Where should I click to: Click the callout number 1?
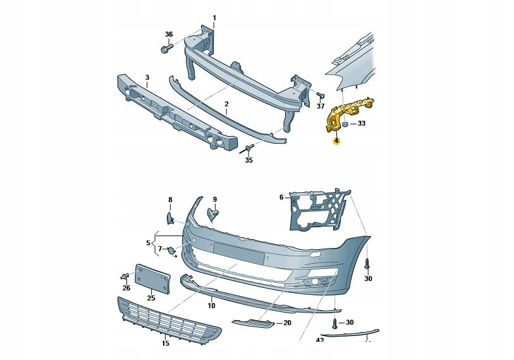[214, 17]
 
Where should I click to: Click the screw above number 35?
[247, 149]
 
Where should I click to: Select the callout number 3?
[147, 78]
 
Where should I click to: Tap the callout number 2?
[226, 103]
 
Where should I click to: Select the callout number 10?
[211, 306]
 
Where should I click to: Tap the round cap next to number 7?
[171, 251]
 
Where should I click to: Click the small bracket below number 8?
[171, 218]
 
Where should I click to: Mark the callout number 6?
[282, 197]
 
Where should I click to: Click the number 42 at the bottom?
[320, 340]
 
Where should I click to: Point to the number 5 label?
[149, 242]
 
